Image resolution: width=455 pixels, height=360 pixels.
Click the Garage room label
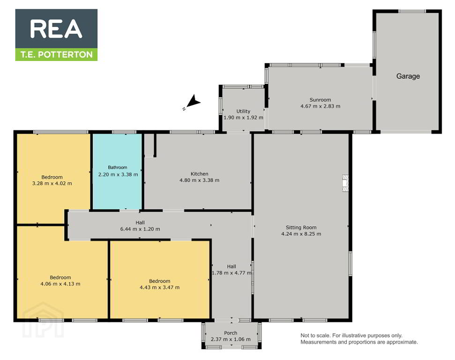point(408,76)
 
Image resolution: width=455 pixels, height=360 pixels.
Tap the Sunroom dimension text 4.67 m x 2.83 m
point(321,106)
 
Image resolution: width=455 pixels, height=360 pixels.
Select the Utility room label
point(243,111)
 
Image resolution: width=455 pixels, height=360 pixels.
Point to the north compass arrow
point(193,101)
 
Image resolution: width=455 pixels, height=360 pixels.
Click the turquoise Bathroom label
point(118,167)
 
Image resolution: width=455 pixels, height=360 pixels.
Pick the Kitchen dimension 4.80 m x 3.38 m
point(199,180)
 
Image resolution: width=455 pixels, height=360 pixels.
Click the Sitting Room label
point(301,228)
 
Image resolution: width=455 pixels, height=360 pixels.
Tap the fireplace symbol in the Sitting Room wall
point(345,183)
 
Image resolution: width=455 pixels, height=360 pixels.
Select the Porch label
point(231,333)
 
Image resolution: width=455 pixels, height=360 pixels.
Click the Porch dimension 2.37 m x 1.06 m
point(231,339)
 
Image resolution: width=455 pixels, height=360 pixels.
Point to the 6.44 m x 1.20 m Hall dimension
point(140,229)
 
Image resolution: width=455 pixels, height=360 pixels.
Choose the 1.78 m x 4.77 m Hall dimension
point(231,273)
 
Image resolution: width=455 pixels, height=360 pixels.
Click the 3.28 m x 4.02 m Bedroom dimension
point(52,183)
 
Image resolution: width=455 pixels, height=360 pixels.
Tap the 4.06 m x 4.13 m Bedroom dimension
point(60,284)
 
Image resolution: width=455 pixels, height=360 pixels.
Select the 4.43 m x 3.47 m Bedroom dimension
point(160,288)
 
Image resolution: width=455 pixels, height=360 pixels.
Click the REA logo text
point(56,29)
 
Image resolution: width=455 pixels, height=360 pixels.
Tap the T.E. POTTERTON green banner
point(56,54)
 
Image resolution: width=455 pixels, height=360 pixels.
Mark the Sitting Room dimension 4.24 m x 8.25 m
point(301,234)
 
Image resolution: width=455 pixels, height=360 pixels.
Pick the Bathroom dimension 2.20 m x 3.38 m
point(118,175)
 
